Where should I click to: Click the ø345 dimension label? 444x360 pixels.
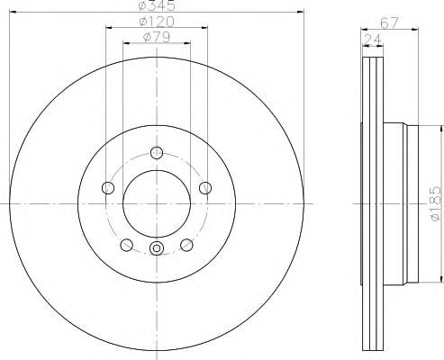[157, 5]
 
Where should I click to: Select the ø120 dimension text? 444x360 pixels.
[157, 22]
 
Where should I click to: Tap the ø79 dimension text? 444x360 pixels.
[157, 37]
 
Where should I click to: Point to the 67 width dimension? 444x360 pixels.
[389, 22]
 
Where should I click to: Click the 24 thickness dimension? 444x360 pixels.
[373, 40]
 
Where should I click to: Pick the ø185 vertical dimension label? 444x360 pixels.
[436, 203]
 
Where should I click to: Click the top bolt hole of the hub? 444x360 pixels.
[157, 153]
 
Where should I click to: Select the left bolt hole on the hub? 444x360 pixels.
[108, 188]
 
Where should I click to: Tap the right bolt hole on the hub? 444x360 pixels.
[205, 188]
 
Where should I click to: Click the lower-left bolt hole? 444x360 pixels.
[126, 245]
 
